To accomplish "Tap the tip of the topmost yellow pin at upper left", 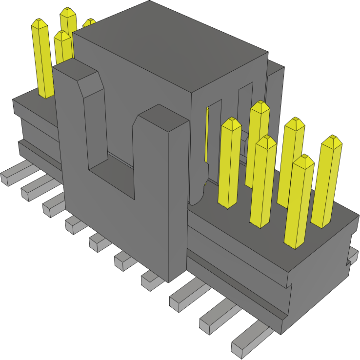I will pos(68,12).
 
